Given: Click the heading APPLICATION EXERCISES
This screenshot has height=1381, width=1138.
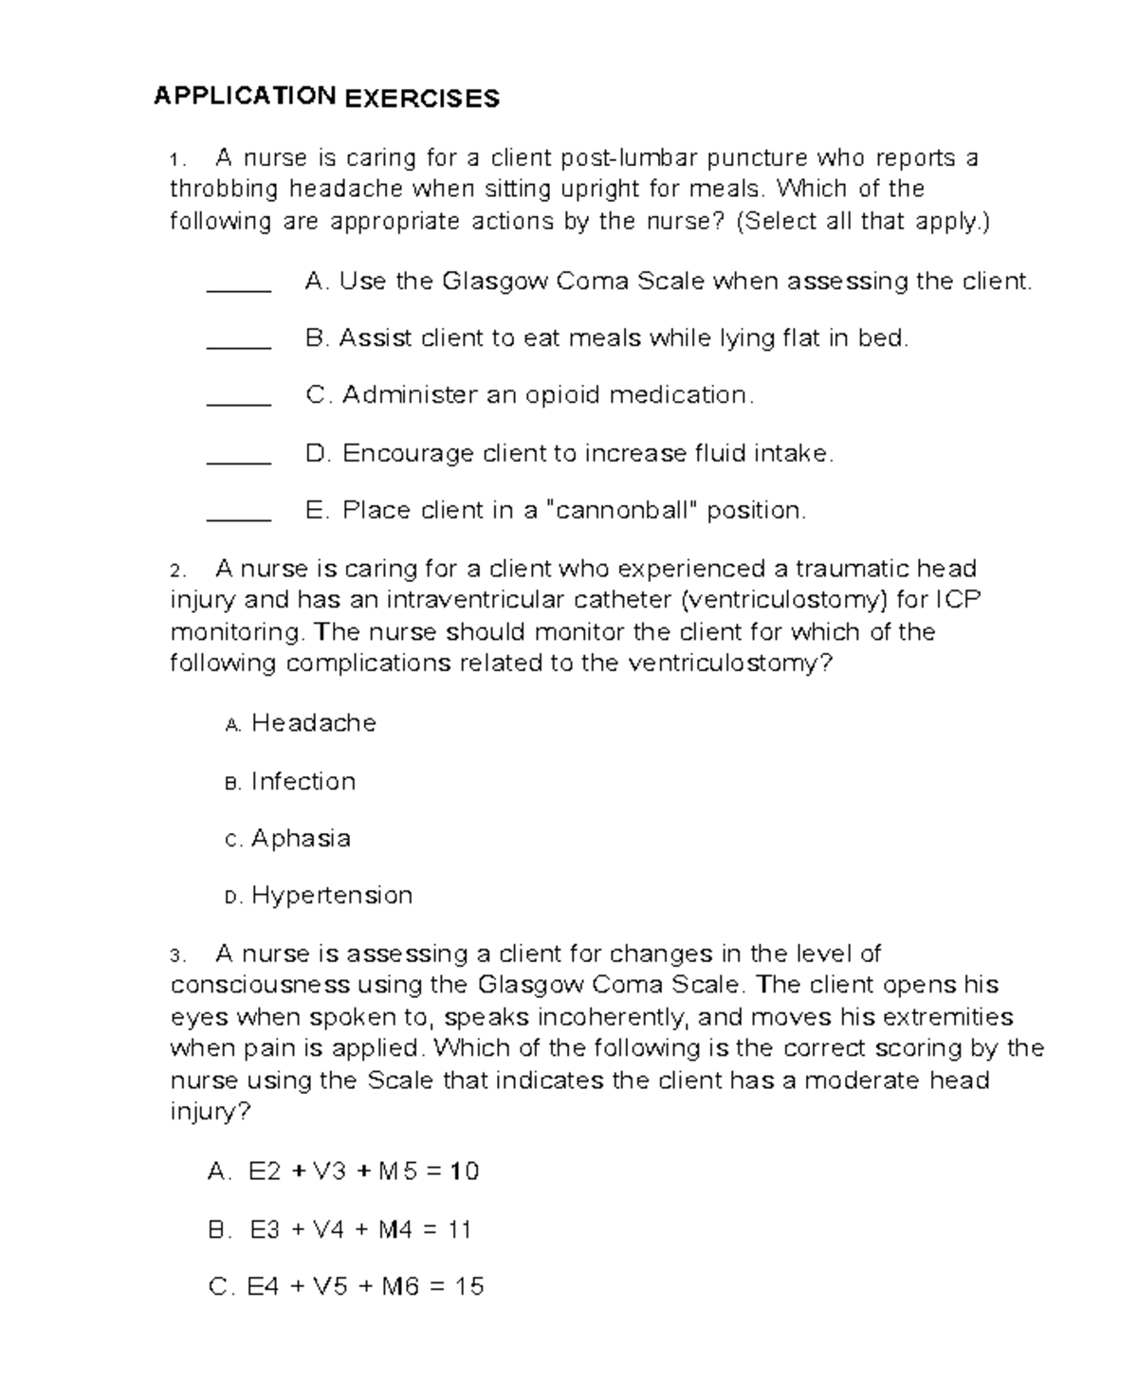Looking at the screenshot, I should point(326,97).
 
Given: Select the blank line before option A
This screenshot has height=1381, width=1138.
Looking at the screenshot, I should point(239,290).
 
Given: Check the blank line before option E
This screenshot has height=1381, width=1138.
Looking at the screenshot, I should point(239,518).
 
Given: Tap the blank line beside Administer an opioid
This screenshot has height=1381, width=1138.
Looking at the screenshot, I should point(239,404).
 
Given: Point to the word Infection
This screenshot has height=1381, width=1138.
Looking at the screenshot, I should point(303,782).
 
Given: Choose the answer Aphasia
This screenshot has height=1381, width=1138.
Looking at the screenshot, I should point(301,839).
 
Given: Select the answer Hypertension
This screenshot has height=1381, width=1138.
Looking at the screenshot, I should point(332,896).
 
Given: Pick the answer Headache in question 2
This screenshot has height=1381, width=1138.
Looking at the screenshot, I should point(314,723).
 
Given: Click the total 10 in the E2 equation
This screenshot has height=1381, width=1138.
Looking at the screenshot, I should point(465,1172).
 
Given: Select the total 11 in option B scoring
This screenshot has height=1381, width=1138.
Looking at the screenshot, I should point(459,1230).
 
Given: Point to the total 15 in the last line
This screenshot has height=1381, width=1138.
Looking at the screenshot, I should point(469,1287).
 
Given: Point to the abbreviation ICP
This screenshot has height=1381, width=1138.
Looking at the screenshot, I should point(958,600).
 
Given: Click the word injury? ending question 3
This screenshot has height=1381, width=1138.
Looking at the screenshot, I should point(210,1112).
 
